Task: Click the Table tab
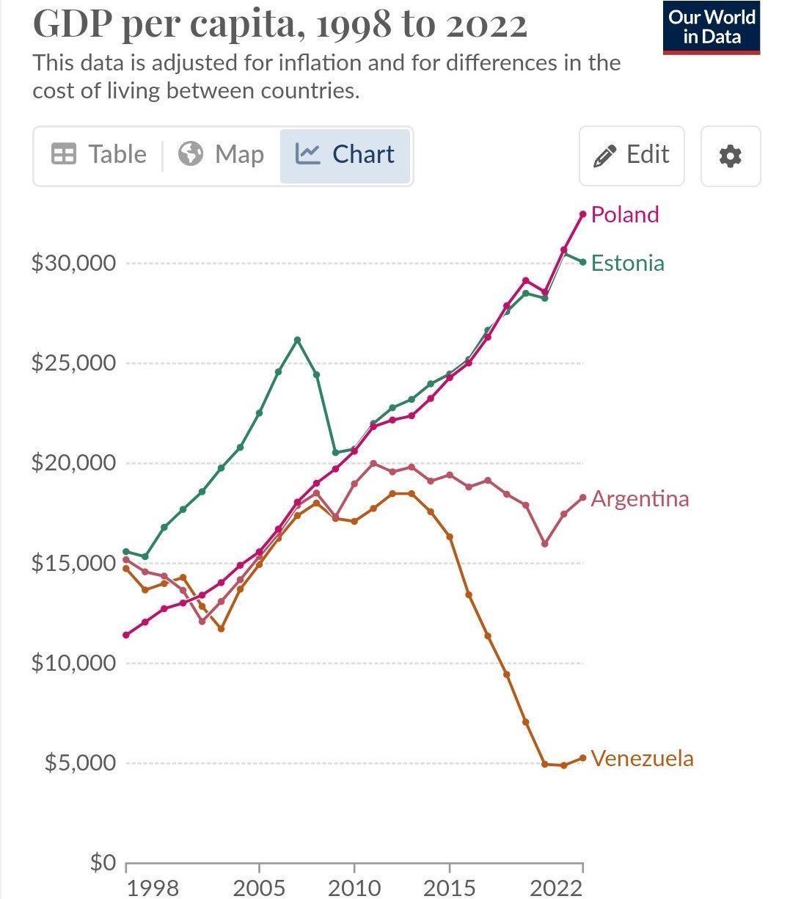point(99,154)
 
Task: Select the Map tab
point(221,154)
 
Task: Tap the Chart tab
point(345,154)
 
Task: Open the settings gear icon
point(730,156)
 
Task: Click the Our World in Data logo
point(711,27)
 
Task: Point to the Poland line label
point(624,214)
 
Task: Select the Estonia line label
point(627,263)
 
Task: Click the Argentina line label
point(640,498)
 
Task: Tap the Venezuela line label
point(642,758)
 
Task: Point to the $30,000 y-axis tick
point(73,263)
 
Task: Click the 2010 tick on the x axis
point(354,887)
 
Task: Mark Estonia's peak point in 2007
point(297,340)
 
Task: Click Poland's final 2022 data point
point(583,214)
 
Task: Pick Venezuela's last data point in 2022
point(583,758)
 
